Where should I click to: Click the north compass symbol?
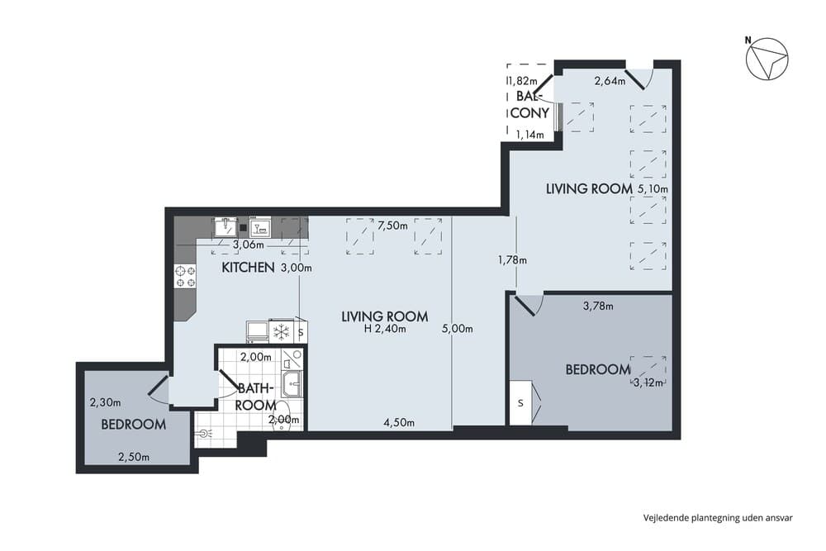[767, 60]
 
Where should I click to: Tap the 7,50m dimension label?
[393, 225]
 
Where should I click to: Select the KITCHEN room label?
[248, 268]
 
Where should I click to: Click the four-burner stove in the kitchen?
[185, 276]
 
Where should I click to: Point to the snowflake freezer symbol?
[282, 332]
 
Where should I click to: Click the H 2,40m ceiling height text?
[385, 329]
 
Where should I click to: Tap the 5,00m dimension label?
[457, 329]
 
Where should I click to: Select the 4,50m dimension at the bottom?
[398, 423]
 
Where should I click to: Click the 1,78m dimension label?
[512, 259]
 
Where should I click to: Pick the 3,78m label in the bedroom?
[598, 306]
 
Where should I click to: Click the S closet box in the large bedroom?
[520, 403]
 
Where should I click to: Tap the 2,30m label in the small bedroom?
[105, 403]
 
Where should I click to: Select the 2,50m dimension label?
[133, 456]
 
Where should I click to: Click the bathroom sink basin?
[292, 383]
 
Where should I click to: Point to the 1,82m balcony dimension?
[522, 81]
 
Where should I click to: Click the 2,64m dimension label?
[610, 81]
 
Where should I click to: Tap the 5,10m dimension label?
[653, 189]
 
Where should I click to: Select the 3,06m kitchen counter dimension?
[249, 245]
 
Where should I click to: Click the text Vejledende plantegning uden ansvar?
[718, 518]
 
